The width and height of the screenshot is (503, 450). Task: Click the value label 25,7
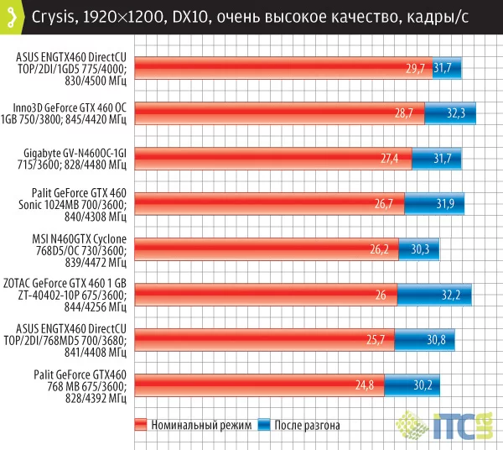(381, 339)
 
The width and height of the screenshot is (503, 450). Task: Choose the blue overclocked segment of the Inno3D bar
(449, 113)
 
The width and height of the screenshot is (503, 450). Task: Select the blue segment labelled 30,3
(419, 249)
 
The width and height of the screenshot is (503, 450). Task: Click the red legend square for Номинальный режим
(141, 425)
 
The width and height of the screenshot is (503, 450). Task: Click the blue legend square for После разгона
(266, 425)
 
